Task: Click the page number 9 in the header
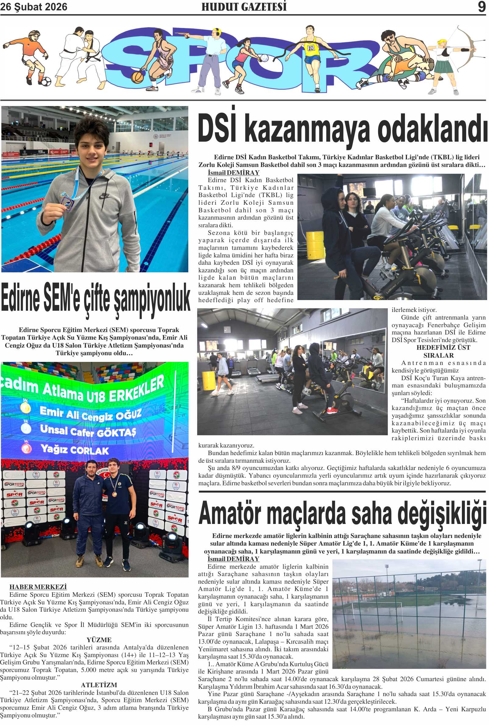pyautogui.click(x=481, y=7)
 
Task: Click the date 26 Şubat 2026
pyautogui.click(x=34, y=7)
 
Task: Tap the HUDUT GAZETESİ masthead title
pyautogui.click(x=244, y=7)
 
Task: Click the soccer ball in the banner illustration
pyautogui.click(x=45, y=81)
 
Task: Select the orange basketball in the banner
pyautogui.click(x=137, y=77)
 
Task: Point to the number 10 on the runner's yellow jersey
pyautogui.click(x=311, y=48)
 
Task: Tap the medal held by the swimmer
pyautogui.click(x=67, y=203)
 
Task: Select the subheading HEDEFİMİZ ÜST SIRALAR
pyautogui.click(x=438, y=352)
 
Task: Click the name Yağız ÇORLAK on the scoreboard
pyautogui.click(x=75, y=450)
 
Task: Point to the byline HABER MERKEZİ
pyautogui.click(x=38, y=587)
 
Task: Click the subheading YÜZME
pyautogui.click(x=99, y=640)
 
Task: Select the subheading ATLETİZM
pyautogui.click(x=99, y=685)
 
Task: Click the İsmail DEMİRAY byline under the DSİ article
pyautogui.click(x=234, y=172)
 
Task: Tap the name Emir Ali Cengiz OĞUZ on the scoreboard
pyautogui.click(x=91, y=414)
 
